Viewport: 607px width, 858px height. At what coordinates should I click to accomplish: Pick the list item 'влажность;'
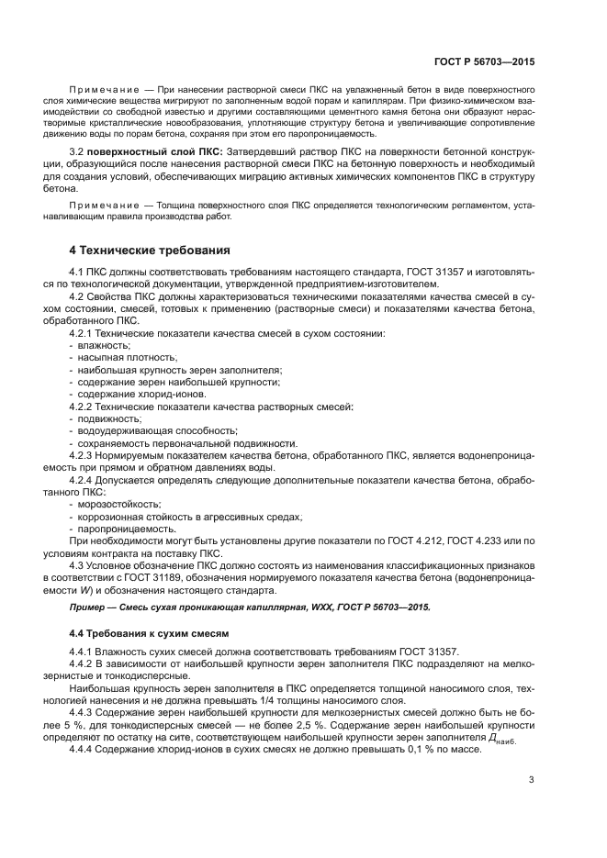106,344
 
